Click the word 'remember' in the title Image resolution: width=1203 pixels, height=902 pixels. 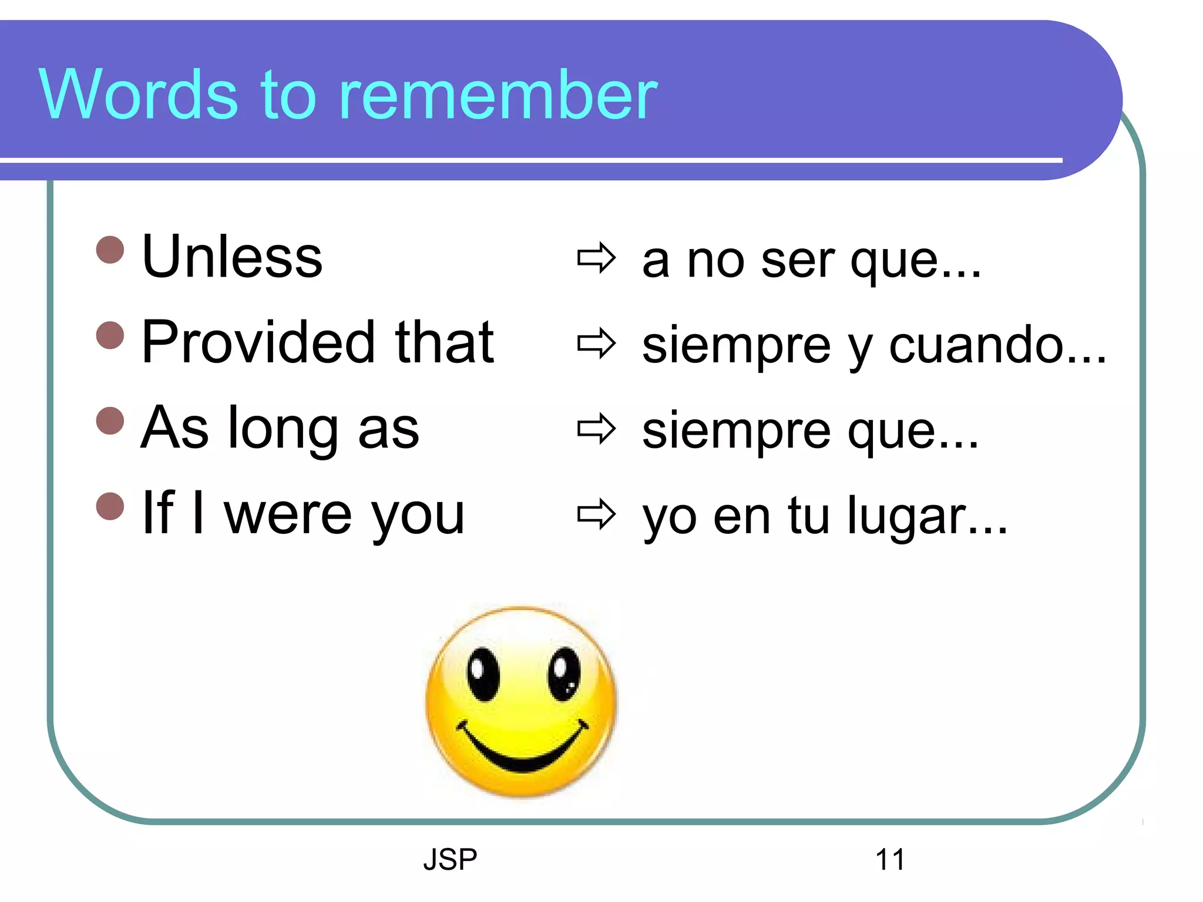point(498,95)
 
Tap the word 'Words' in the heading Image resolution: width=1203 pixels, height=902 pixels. point(139,95)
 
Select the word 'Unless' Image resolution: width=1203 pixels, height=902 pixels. point(232,257)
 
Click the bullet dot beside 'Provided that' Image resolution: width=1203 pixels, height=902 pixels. point(110,335)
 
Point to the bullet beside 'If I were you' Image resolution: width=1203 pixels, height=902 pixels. point(110,506)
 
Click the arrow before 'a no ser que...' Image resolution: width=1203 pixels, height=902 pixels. point(596,258)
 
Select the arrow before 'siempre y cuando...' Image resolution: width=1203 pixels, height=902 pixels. point(596,344)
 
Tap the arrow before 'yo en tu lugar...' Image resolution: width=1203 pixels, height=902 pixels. point(596,514)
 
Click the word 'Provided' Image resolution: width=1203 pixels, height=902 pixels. point(258,342)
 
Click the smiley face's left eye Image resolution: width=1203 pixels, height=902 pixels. point(483,674)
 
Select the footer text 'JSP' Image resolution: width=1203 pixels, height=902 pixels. point(450,860)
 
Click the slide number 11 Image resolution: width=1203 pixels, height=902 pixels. point(890,860)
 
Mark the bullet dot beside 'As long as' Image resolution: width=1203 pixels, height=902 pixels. point(110,420)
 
